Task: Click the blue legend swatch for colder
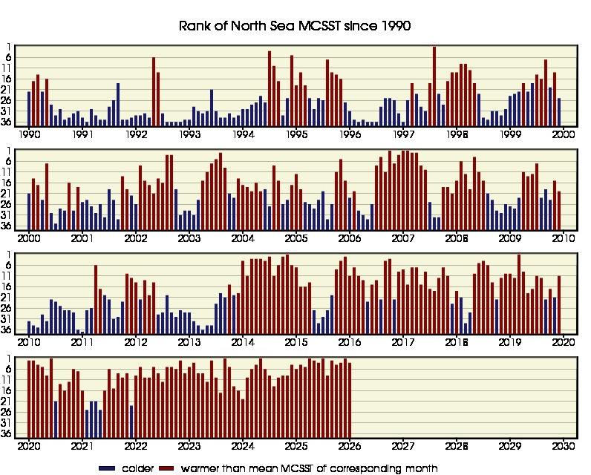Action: pos(108,468)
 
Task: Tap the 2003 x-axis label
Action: pos(189,239)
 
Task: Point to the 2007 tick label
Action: pos(403,239)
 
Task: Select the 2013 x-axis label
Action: pos(189,343)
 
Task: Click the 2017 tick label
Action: pos(403,343)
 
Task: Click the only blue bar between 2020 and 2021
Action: pos(56,419)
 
